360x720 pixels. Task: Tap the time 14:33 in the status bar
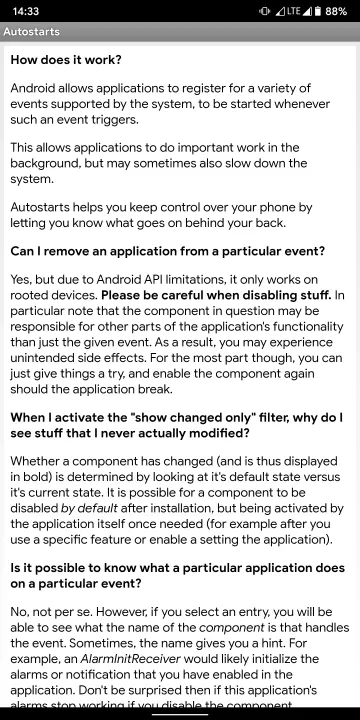(26, 11)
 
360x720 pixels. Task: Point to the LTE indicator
(293, 11)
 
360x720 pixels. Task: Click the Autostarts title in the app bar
(31, 32)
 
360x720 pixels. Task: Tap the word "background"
(49, 163)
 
